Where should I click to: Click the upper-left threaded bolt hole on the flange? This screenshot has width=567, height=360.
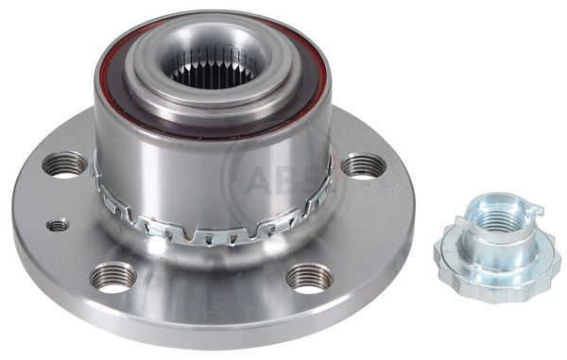click(x=65, y=164)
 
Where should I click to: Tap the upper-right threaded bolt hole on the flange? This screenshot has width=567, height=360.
click(x=364, y=166)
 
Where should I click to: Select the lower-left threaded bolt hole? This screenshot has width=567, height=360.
click(x=113, y=278)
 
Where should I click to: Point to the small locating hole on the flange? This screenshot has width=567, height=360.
click(x=58, y=225)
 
